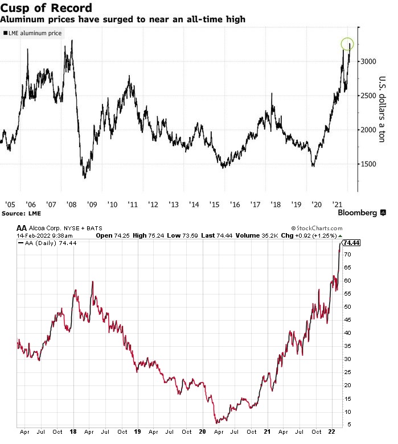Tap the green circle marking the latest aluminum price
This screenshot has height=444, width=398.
[x=347, y=44]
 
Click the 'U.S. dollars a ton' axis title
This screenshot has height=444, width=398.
[x=382, y=109]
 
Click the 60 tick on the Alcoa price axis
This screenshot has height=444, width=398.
[x=346, y=281]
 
